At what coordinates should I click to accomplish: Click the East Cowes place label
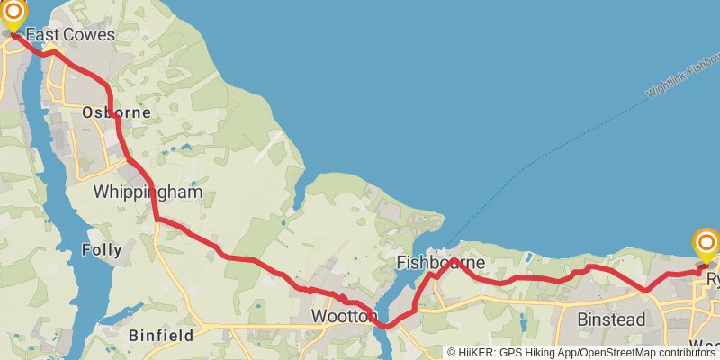(70, 35)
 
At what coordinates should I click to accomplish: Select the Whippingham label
(148, 193)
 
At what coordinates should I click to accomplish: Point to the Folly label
(101, 249)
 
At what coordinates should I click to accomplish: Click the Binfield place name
(161, 335)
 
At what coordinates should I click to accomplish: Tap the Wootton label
(343, 316)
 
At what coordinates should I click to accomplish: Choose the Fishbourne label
(441, 263)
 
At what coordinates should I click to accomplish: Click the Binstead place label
(611, 319)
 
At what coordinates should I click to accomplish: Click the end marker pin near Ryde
(706, 243)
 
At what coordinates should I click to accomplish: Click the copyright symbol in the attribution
(453, 353)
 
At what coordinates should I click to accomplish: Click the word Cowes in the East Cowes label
(89, 35)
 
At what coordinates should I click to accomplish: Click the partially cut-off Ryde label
(714, 280)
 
